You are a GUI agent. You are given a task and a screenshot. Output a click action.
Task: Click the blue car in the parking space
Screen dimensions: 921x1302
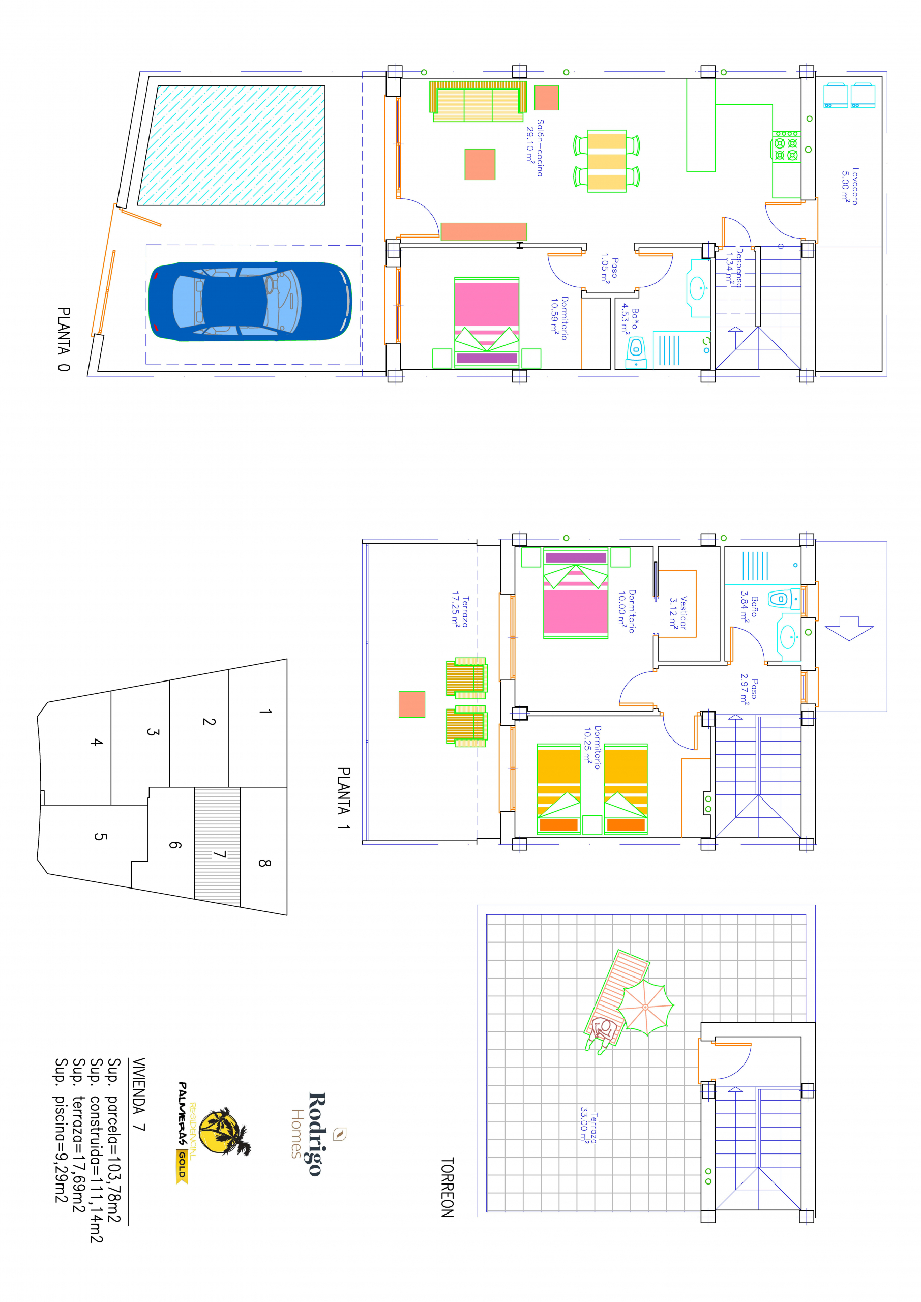coord(250,301)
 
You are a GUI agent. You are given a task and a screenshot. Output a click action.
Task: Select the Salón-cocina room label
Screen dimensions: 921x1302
coord(535,147)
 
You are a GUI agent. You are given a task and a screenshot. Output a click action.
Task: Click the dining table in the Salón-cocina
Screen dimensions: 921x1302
coord(607,161)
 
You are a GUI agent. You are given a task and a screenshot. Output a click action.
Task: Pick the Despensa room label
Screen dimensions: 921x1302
coord(734,268)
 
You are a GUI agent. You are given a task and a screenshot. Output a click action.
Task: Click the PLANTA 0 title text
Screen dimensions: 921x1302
coord(64,339)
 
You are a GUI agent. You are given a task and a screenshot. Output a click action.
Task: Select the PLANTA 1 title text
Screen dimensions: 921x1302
coord(344,798)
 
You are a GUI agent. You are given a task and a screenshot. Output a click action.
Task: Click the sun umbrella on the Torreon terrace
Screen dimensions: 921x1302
coord(645,1007)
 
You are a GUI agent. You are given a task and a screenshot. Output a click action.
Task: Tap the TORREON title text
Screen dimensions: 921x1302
coord(448,1187)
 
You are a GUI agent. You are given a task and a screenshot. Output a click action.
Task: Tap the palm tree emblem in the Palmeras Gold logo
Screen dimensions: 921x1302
coord(224,1131)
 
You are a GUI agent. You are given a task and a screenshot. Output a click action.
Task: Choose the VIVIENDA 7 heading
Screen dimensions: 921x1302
coord(138,1094)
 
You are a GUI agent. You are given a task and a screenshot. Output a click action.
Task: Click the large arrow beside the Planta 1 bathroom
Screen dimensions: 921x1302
coord(849,628)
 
